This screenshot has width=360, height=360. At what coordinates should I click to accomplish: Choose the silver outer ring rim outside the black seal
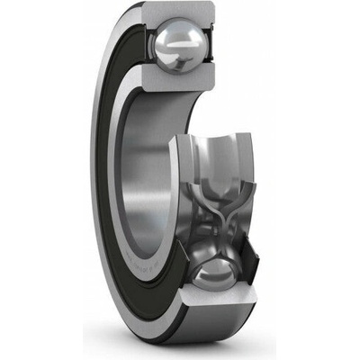pyautogui.click(x=97, y=180)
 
